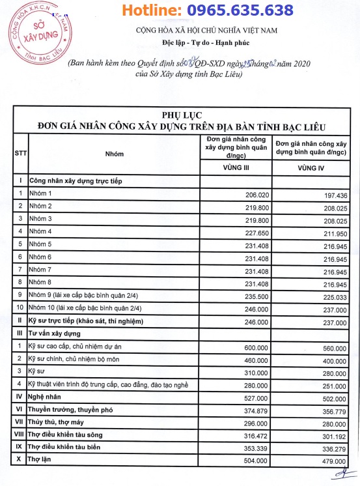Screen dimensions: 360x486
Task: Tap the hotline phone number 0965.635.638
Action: (x=239, y=10)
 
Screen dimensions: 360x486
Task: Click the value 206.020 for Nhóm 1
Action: (x=255, y=194)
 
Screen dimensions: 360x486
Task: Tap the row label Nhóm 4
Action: (x=41, y=231)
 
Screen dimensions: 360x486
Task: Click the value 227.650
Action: (x=255, y=231)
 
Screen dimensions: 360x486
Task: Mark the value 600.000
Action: (x=255, y=348)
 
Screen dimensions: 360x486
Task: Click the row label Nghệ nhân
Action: (x=45, y=397)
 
